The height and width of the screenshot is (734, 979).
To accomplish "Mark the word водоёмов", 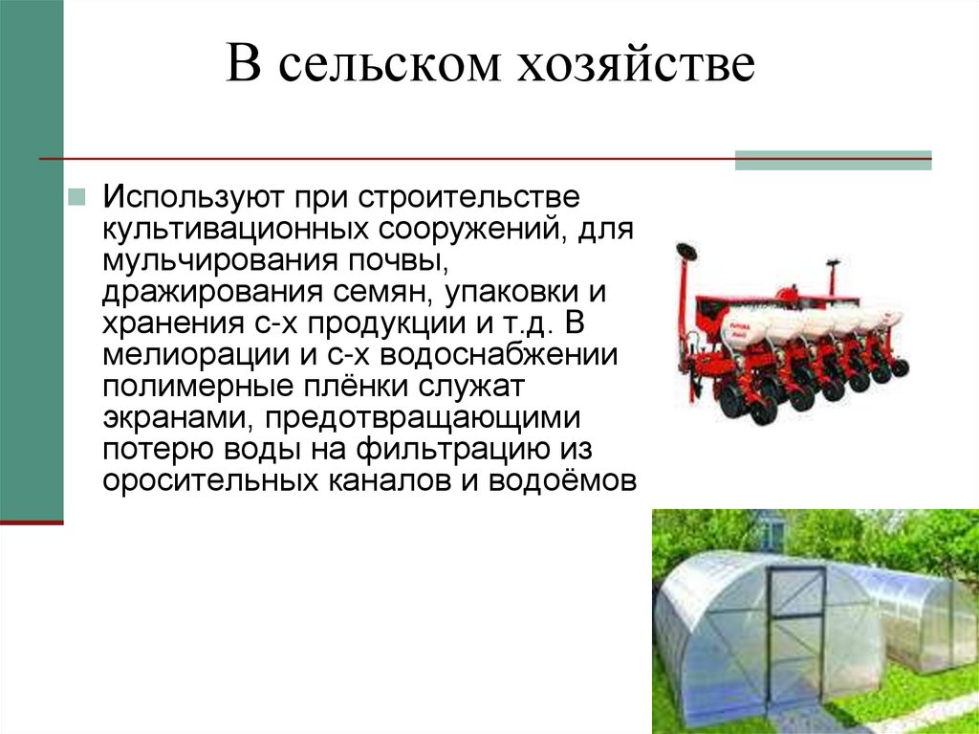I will click(x=563, y=479).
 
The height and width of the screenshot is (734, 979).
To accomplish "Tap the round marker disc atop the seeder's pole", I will click(x=686, y=253).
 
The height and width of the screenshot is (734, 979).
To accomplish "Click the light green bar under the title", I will click(x=833, y=161).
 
